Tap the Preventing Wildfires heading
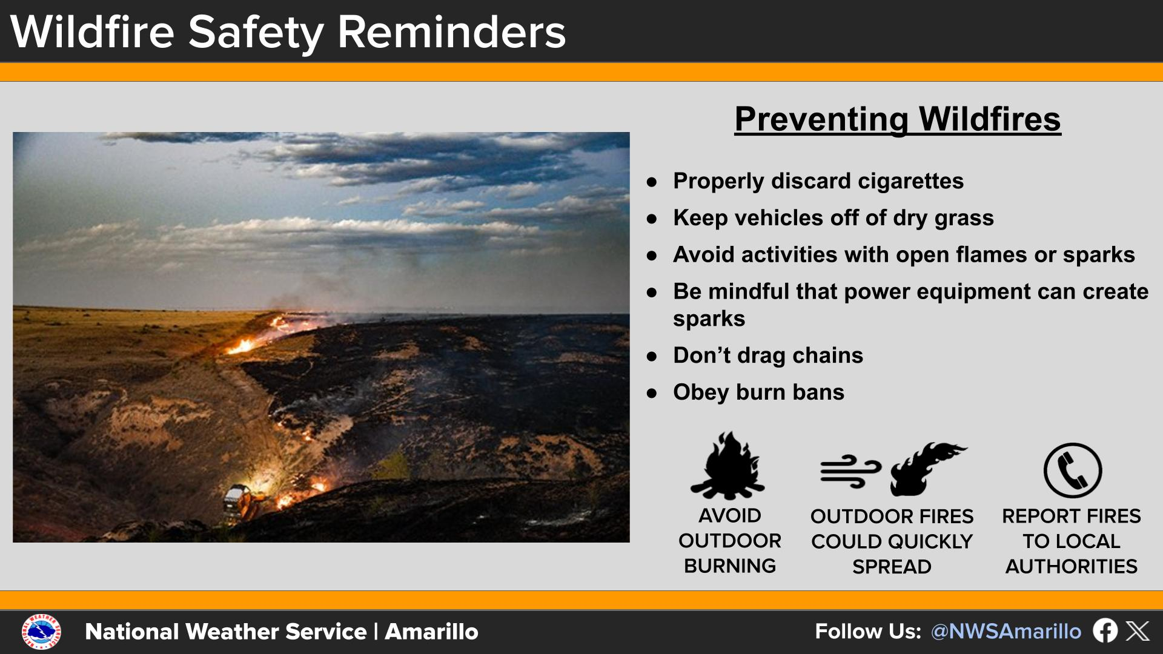tap(898, 119)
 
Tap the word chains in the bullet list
tap(827, 355)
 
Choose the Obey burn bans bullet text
tap(758, 392)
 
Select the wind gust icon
tap(850, 471)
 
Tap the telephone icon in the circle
tap(1072, 471)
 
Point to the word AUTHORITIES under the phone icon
tap(1071, 566)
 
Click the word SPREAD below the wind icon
tap(892, 567)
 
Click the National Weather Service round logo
tap(41, 632)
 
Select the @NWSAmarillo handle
tap(1006, 632)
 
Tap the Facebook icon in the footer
tap(1105, 631)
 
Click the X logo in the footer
tap(1138, 631)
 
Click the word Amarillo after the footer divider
tap(431, 632)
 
